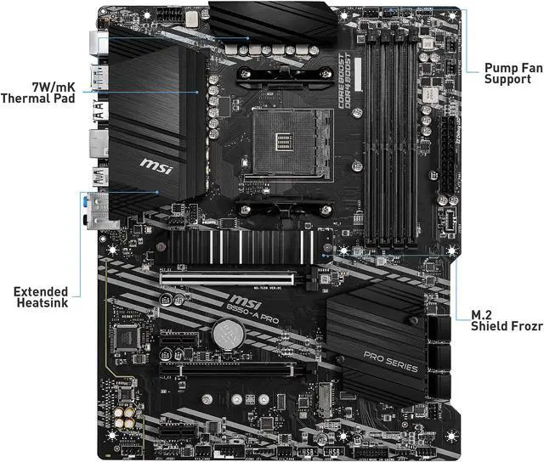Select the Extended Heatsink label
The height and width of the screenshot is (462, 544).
(41, 297)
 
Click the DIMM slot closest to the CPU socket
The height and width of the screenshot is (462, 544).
(368, 136)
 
